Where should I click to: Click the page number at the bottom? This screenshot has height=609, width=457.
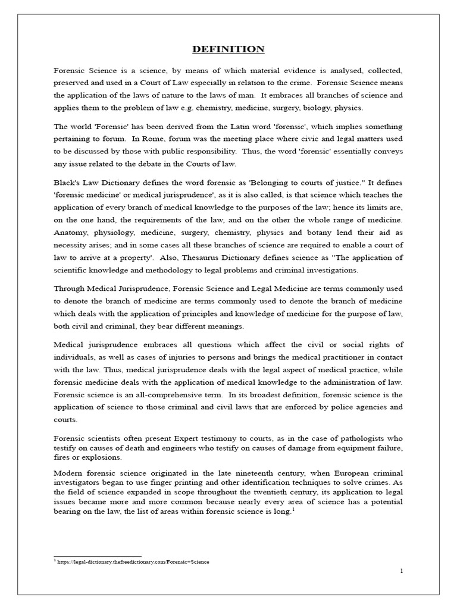pos(402,571)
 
